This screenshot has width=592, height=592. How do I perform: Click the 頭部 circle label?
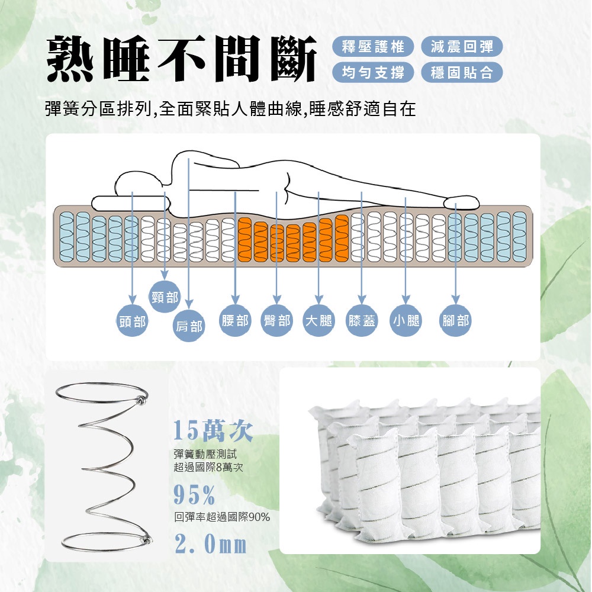132,321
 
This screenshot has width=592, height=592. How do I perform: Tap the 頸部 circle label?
165,297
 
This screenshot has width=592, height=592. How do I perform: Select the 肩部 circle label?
189,326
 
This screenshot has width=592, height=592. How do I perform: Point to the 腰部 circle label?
235,320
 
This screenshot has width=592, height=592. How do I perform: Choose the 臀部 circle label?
276,320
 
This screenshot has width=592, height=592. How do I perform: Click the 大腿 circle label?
318,320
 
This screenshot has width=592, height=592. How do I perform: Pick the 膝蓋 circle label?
362,320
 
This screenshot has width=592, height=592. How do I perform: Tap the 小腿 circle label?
406,320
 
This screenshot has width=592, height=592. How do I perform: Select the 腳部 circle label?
456,320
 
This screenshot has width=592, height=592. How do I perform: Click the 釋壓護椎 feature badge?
373,47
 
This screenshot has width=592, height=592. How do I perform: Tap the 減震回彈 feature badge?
462,47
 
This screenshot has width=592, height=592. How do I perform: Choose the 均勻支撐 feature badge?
373,72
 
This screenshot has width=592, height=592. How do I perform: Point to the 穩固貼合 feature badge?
462,72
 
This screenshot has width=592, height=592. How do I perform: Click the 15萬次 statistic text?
213,431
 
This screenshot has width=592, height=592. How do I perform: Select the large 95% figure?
194,495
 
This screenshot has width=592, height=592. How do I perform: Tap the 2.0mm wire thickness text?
211,544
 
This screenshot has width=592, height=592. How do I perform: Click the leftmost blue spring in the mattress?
67,237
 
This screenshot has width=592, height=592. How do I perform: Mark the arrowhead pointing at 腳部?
456,299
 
